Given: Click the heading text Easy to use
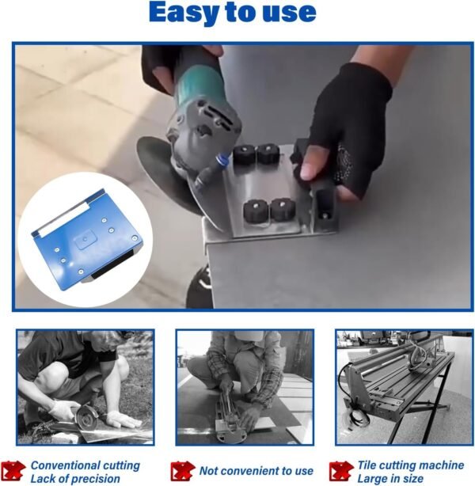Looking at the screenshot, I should [232, 13].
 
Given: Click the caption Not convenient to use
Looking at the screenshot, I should [256, 471].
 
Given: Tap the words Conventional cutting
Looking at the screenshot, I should [85, 465].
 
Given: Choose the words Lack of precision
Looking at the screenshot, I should [75, 478].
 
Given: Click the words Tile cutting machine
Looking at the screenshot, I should [409, 465].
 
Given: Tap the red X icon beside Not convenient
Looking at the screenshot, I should [182, 471].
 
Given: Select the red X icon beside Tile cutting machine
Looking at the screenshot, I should [341, 471].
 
